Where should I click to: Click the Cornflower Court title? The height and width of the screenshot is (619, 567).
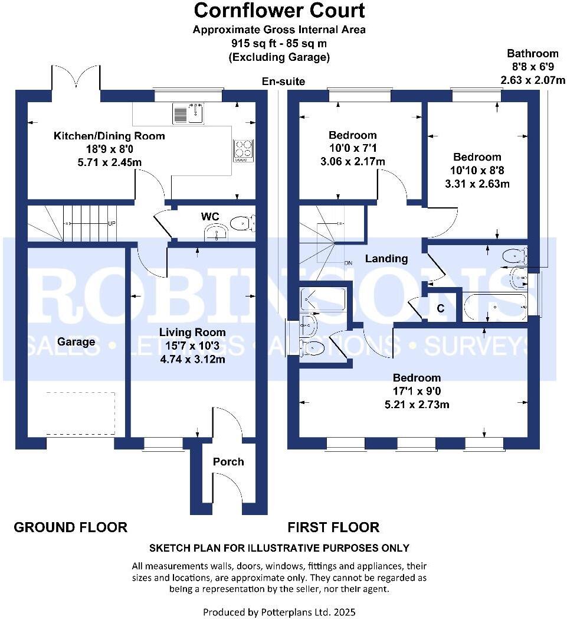(x=279, y=10)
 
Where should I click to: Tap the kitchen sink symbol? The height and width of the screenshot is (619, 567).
(x=188, y=113)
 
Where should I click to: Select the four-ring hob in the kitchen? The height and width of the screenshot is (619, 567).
(x=242, y=150)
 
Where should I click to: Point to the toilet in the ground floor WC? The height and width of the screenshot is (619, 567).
(x=242, y=223)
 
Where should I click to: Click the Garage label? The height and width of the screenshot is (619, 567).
(x=76, y=341)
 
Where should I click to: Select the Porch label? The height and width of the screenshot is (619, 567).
(x=228, y=461)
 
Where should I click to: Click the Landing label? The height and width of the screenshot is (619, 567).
(x=386, y=258)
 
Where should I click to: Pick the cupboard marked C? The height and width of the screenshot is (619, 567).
(x=440, y=308)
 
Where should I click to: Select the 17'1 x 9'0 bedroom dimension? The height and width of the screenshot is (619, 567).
(x=417, y=391)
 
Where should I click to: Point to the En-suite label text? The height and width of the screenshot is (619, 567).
(x=284, y=82)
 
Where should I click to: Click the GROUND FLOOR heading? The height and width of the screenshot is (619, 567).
(x=71, y=527)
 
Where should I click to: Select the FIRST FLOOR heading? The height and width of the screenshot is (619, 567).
(x=333, y=527)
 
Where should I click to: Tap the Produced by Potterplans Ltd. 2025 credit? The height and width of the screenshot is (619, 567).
(x=279, y=612)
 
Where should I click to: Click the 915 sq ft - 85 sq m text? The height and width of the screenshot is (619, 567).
(x=279, y=43)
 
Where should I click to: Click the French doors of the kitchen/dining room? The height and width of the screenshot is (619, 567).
(x=76, y=78)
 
